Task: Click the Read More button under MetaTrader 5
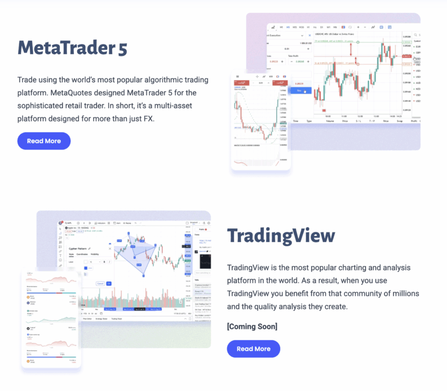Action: [x=44, y=141]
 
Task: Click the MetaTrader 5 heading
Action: [x=73, y=48]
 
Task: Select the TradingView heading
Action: [x=281, y=236]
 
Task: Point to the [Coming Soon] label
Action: [x=252, y=327]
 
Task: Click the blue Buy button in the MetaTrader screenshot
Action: [x=299, y=90]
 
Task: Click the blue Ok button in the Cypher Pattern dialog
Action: [x=109, y=283]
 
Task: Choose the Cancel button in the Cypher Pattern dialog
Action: [x=100, y=283]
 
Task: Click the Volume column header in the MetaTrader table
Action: [x=329, y=121]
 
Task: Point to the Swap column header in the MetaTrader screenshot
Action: [x=399, y=121]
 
